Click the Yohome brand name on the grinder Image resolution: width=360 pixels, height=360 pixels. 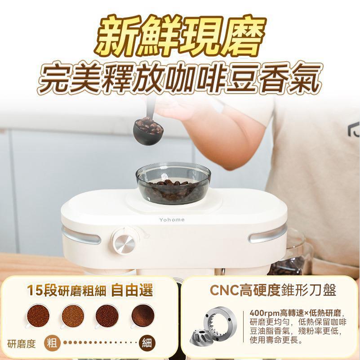[172, 220]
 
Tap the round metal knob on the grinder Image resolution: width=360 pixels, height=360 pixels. [124, 243]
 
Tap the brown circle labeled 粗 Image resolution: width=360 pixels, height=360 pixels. [53, 344]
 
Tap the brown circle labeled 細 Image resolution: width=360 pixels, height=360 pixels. [147, 344]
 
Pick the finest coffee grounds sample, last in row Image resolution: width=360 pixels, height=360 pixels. [142, 315]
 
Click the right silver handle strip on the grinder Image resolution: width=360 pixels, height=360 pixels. [267, 234]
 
